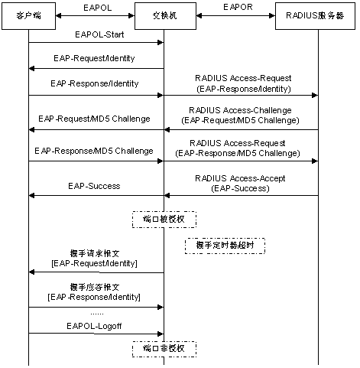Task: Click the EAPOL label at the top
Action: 98,8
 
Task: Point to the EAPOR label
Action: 238,7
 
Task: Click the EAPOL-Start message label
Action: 99,34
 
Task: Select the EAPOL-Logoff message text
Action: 94,326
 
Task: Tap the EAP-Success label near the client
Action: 94,186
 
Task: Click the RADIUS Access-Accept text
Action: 240,178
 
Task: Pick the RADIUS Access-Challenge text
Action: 240,110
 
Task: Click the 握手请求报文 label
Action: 95,253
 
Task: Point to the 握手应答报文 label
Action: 95,287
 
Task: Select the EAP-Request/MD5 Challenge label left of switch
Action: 94,119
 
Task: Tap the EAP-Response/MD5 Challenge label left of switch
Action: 94,151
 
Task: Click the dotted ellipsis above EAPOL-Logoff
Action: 97,314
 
